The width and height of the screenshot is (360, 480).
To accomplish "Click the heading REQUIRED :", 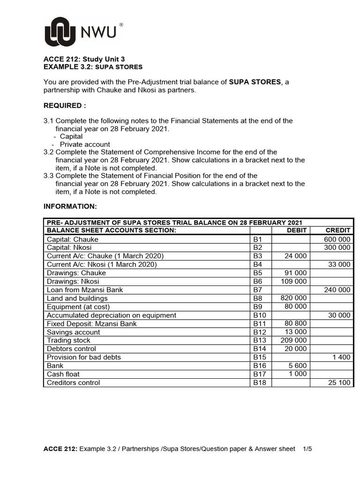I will [65, 105].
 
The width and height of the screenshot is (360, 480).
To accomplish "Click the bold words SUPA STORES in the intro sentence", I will [255, 82].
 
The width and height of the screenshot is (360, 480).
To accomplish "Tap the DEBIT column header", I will [297, 230].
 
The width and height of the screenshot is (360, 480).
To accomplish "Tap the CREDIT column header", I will [338, 230].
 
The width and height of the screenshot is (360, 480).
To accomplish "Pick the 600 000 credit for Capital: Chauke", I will [337, 239].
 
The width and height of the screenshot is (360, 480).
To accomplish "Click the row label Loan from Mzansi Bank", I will [85, 290].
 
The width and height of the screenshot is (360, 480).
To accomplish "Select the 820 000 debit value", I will [293, 298].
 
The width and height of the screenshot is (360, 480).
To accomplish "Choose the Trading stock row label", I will [68, 340].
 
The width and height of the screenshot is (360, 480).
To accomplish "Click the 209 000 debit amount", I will [293, 340].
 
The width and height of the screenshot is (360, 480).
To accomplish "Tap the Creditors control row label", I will [73, 382].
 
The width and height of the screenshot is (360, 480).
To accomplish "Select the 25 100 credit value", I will [339, 382].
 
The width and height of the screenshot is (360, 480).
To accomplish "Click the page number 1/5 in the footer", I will [307, 449].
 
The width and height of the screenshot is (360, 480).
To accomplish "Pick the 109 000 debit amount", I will [293, 281].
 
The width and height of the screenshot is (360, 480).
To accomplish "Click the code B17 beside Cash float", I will [260, 374].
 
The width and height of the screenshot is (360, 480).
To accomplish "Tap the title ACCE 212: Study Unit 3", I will [84, 59].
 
